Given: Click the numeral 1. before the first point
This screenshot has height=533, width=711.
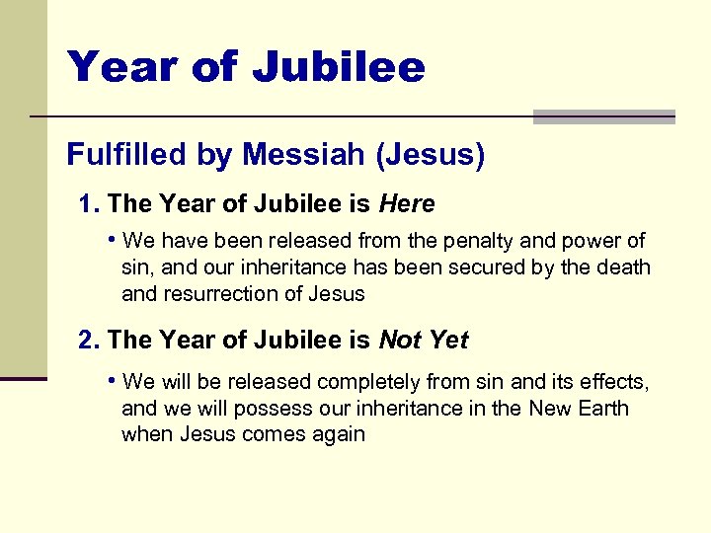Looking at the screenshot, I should click(x=90, y=204).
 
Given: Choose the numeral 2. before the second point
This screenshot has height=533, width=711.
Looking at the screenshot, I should click(x=90, y=341).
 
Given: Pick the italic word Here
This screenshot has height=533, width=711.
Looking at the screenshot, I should click(x=407, y=204).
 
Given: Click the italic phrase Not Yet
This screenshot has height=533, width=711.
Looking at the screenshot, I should click(x=424, y=341).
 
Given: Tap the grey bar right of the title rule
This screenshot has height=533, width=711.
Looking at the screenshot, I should click(x=603, y=116).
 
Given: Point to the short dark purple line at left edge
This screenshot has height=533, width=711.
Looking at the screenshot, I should click(x=24, y=377).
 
